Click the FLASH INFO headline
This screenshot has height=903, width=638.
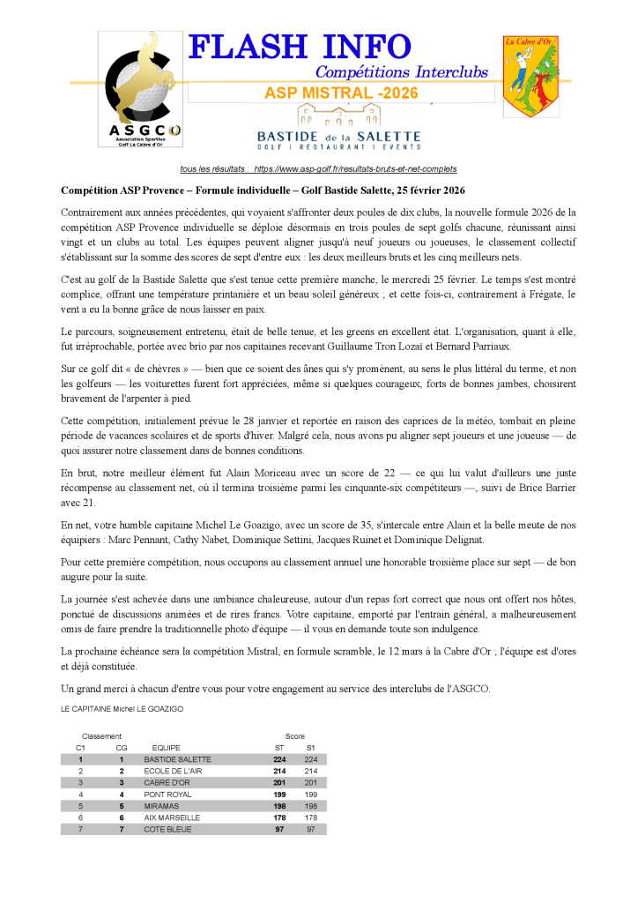point(300,48)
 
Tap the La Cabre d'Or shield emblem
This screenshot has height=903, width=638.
point(530,77)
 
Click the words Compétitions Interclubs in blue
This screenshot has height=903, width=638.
point(401,71)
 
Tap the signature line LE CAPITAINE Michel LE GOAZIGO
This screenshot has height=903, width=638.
point(122,708)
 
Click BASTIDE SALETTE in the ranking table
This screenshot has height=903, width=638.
point(177,759)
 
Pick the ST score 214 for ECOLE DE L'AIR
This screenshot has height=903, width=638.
point(280,771)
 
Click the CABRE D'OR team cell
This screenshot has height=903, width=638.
point(167,782)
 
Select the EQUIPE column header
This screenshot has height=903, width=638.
point(167,748)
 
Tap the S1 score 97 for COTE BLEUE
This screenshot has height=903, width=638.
point(310,829)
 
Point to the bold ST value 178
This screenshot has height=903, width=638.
point(280,817)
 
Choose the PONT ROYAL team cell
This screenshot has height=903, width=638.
point(167,795)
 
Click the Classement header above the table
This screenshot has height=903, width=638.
point(101,736)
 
